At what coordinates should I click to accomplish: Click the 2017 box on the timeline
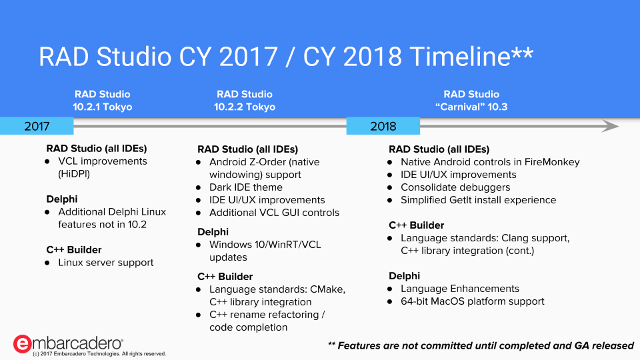point(37,126)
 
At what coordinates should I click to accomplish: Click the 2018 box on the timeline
point(383,126)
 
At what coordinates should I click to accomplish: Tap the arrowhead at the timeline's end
point(611,126)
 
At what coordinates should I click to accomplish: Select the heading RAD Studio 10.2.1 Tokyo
point(103,101)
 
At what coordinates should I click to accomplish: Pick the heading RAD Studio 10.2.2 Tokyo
point(245,101)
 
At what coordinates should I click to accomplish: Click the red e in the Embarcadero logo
point(22,344)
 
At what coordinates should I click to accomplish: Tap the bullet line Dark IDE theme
point(246,187)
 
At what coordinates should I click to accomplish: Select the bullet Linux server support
point(106,263)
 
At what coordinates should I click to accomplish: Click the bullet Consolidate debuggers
point(455,187)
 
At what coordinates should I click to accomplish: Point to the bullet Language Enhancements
point(460,289)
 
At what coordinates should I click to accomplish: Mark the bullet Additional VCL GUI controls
point(274,213)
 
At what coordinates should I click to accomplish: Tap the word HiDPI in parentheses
point(74,174)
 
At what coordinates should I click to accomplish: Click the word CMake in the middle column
point(327,289)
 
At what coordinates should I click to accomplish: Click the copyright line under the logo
point(99,354)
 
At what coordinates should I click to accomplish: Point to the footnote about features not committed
point(481,346)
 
